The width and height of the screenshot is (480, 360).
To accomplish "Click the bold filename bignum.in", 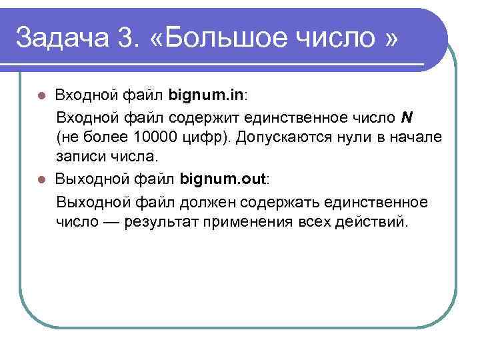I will pyautogui.click(x=206, y=95).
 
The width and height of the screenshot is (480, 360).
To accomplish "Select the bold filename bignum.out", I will pyautogui.click(x=223, y=179).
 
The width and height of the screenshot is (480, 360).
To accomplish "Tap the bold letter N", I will pyautogui.click(x=407, y=117).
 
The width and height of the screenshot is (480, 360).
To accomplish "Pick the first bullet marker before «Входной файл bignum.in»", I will pyautogui.click(x=41, y=95).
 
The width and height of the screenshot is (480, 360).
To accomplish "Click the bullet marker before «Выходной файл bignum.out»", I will pyautogui.click(x=41, y=179).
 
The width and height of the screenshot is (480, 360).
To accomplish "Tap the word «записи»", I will pyautogui.click(x=81, y=157).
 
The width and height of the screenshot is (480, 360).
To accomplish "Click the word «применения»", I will pyautogui.click(x=255, y=221).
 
